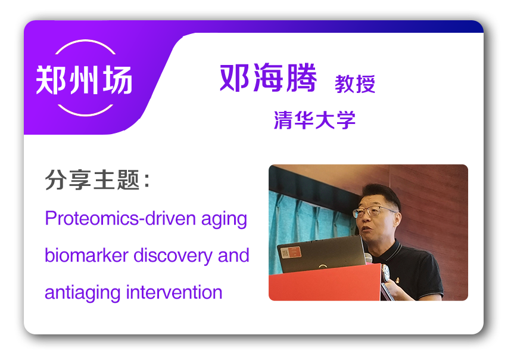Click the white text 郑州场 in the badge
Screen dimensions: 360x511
(84, 79)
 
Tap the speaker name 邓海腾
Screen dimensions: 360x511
(268, 77)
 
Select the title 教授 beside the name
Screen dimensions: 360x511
(355, 84)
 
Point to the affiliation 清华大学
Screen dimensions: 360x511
(314, 120)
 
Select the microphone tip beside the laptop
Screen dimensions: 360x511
(368, 258)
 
